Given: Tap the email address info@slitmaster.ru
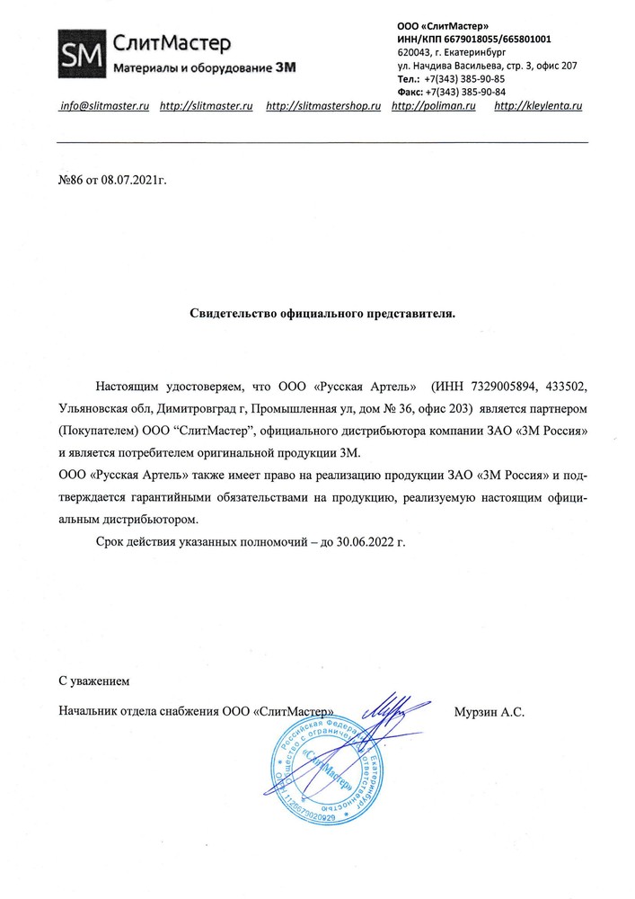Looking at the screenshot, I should click(103, 106).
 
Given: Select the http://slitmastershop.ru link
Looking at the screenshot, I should click(324, 106).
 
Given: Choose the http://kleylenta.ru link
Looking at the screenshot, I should click(539, 106).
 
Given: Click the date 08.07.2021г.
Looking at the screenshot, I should click(134, 180).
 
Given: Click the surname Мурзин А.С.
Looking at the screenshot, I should click(489, 711).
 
